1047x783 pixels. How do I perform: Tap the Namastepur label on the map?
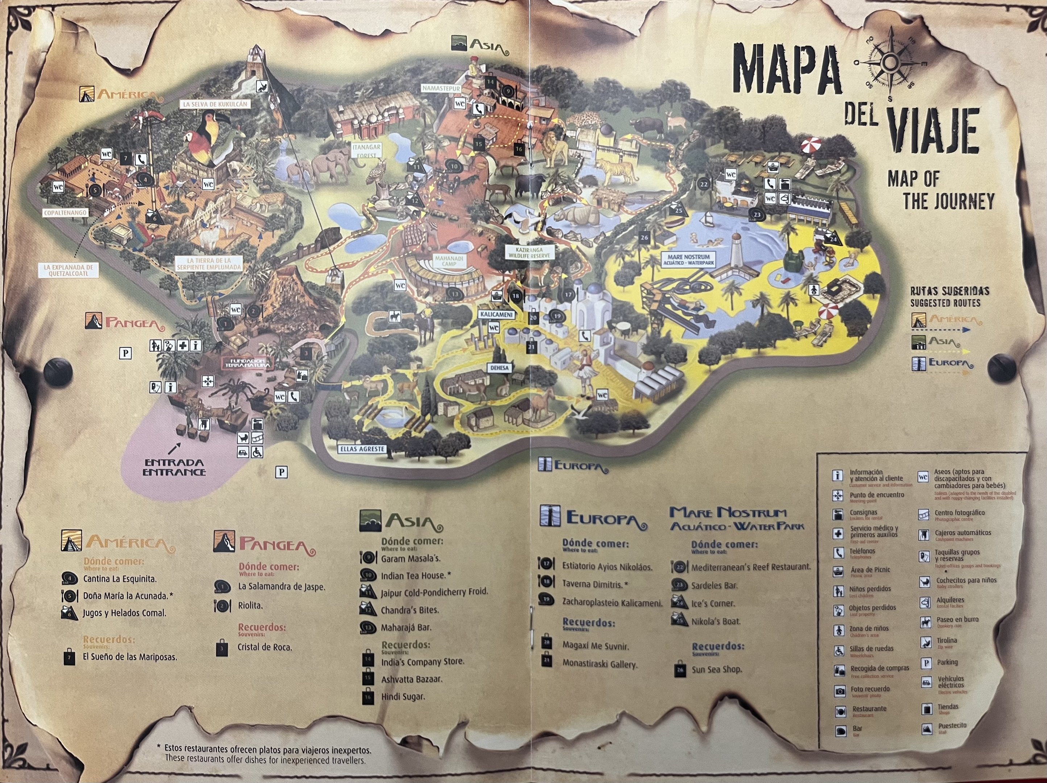[441, 88]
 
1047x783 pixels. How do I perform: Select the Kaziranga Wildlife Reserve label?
[529, 252]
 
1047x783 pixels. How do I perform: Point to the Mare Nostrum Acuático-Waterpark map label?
[689, 260]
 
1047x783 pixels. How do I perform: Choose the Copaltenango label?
[65, 213]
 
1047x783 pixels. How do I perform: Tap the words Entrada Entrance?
[174, 467]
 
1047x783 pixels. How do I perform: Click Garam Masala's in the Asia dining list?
[410, 559]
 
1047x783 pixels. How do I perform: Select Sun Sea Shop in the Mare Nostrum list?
[716, 670]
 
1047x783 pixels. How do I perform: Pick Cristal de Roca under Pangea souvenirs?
[264, 647]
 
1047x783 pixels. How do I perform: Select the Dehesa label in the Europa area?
[499, 368]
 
